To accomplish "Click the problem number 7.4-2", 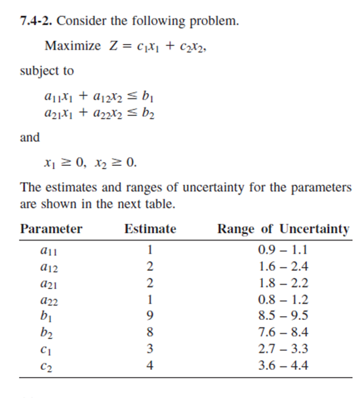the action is point(36,20).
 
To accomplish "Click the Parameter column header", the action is point(51,229).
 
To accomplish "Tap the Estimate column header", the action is point(150,229).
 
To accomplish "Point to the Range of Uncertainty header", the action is point(283,229).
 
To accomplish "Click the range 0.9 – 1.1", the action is point(284,250).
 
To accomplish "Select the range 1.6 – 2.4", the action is point(284,266).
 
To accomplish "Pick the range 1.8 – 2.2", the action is point(284,283).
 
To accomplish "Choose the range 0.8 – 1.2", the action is point(284,300).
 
